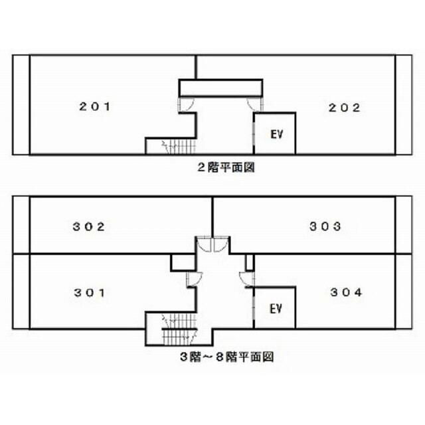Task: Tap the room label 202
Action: click(x=345, y=107)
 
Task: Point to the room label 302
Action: click(x=89, y=226)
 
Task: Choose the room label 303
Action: click(x=325, y=226)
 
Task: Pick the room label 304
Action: click(x=346, y=292)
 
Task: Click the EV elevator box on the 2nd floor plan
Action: click(x=276, y=133)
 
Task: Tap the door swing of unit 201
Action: click(x=187, y=104)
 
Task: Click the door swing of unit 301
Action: click(x=193, y=278)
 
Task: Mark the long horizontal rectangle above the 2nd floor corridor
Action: click(x=220, y=88)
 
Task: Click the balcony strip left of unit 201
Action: click(x=21, y=104)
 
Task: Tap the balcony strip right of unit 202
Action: click(x=404, y=104)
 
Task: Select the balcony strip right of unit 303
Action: click(x=404, y=224)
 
